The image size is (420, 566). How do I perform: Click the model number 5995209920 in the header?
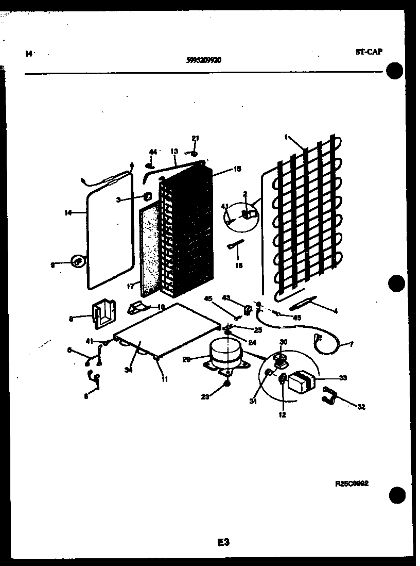point(204,60)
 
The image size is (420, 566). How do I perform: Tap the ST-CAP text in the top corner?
point(369,52)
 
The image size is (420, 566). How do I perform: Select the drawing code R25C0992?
point(352,484)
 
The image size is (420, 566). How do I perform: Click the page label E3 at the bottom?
point(222,542)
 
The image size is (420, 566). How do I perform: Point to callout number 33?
point(343,378)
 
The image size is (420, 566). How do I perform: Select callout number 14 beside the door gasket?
point(68,212)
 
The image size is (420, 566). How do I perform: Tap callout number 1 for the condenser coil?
point(285,137)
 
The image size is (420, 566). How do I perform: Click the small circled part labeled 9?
point(78,262)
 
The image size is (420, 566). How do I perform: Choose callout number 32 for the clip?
point(361,407)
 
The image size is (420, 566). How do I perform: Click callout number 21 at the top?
point(195,138)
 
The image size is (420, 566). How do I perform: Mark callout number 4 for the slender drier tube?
point(335,310)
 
